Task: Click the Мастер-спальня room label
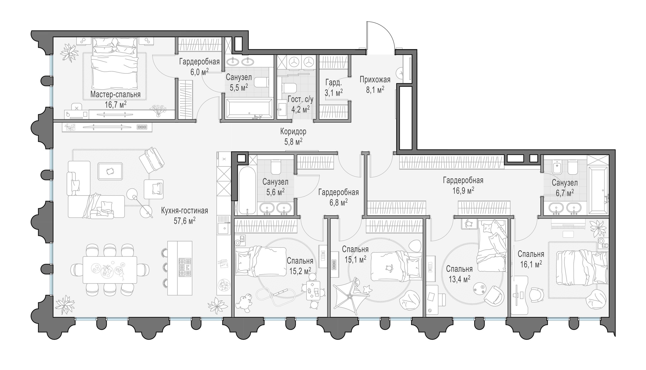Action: (115, 95)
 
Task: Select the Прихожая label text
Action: (375, 80)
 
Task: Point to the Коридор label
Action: (293, 132)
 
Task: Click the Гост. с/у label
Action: (300, 100)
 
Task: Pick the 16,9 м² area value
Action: (463, 191)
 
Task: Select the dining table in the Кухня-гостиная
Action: (110, 270)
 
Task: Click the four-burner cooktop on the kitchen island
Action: (185, 267)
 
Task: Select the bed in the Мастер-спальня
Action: (115, 66)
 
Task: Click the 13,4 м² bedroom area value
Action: (459, 278)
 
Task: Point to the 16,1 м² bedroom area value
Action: (531, 264)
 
